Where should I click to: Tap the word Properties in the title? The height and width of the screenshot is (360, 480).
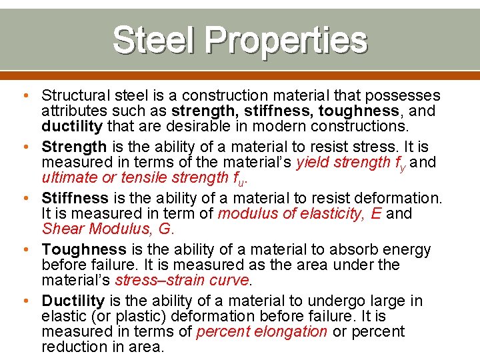286,41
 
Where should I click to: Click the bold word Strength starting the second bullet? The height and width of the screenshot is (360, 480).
74,147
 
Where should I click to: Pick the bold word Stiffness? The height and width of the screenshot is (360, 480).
75,198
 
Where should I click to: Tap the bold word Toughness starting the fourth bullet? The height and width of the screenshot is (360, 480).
84,249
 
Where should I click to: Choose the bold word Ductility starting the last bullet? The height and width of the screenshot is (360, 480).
73,301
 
